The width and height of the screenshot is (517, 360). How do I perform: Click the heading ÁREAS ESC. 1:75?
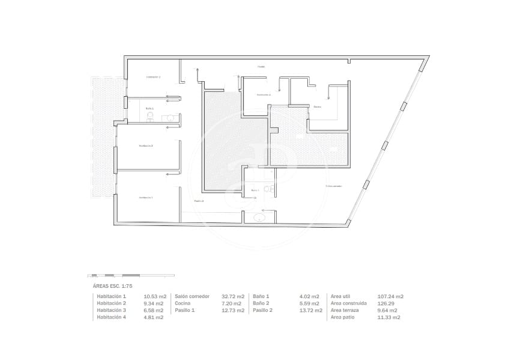113,287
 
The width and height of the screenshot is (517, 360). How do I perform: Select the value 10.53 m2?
153,296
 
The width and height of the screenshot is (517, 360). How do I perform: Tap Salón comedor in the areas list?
192,296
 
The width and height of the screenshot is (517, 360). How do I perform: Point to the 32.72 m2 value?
233,296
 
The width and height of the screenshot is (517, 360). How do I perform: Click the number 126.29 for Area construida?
385,304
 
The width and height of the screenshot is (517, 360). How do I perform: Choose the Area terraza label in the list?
345,310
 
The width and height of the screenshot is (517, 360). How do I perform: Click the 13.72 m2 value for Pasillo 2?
311,310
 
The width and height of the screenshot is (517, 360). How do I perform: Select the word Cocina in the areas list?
183,304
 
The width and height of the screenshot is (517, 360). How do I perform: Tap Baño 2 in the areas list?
261,304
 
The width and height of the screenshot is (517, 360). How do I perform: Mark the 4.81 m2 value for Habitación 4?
153,317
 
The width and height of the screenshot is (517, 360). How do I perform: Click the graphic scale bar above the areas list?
131,275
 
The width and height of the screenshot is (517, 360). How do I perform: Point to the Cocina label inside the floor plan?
317,107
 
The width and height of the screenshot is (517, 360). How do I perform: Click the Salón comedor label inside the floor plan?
334,186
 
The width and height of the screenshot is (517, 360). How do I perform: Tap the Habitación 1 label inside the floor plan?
146,197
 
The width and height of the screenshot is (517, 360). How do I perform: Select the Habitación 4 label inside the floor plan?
264,95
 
